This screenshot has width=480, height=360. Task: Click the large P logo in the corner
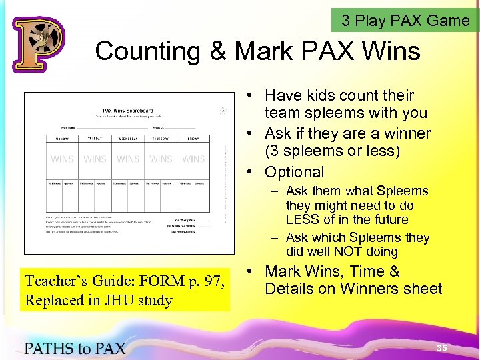pyautogui.click(x=38, y=45)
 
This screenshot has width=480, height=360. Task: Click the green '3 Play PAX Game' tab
pyautogui.click(x=405, y=21)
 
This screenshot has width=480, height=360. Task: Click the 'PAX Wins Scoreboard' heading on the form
pyautogui.click(x=127, y=111)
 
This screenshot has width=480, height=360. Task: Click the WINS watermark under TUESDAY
pyautogui.click(x=95, y=159)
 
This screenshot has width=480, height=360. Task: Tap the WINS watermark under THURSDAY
pyautogui.click(x=161, y=159)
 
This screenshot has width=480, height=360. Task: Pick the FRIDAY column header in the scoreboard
pyautogui.click(x=193, y=139)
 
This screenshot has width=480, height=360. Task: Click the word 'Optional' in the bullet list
pyautogui.click(x=294, y=172)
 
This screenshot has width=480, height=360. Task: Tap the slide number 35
pyautogui.click(x=441, y=348)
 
